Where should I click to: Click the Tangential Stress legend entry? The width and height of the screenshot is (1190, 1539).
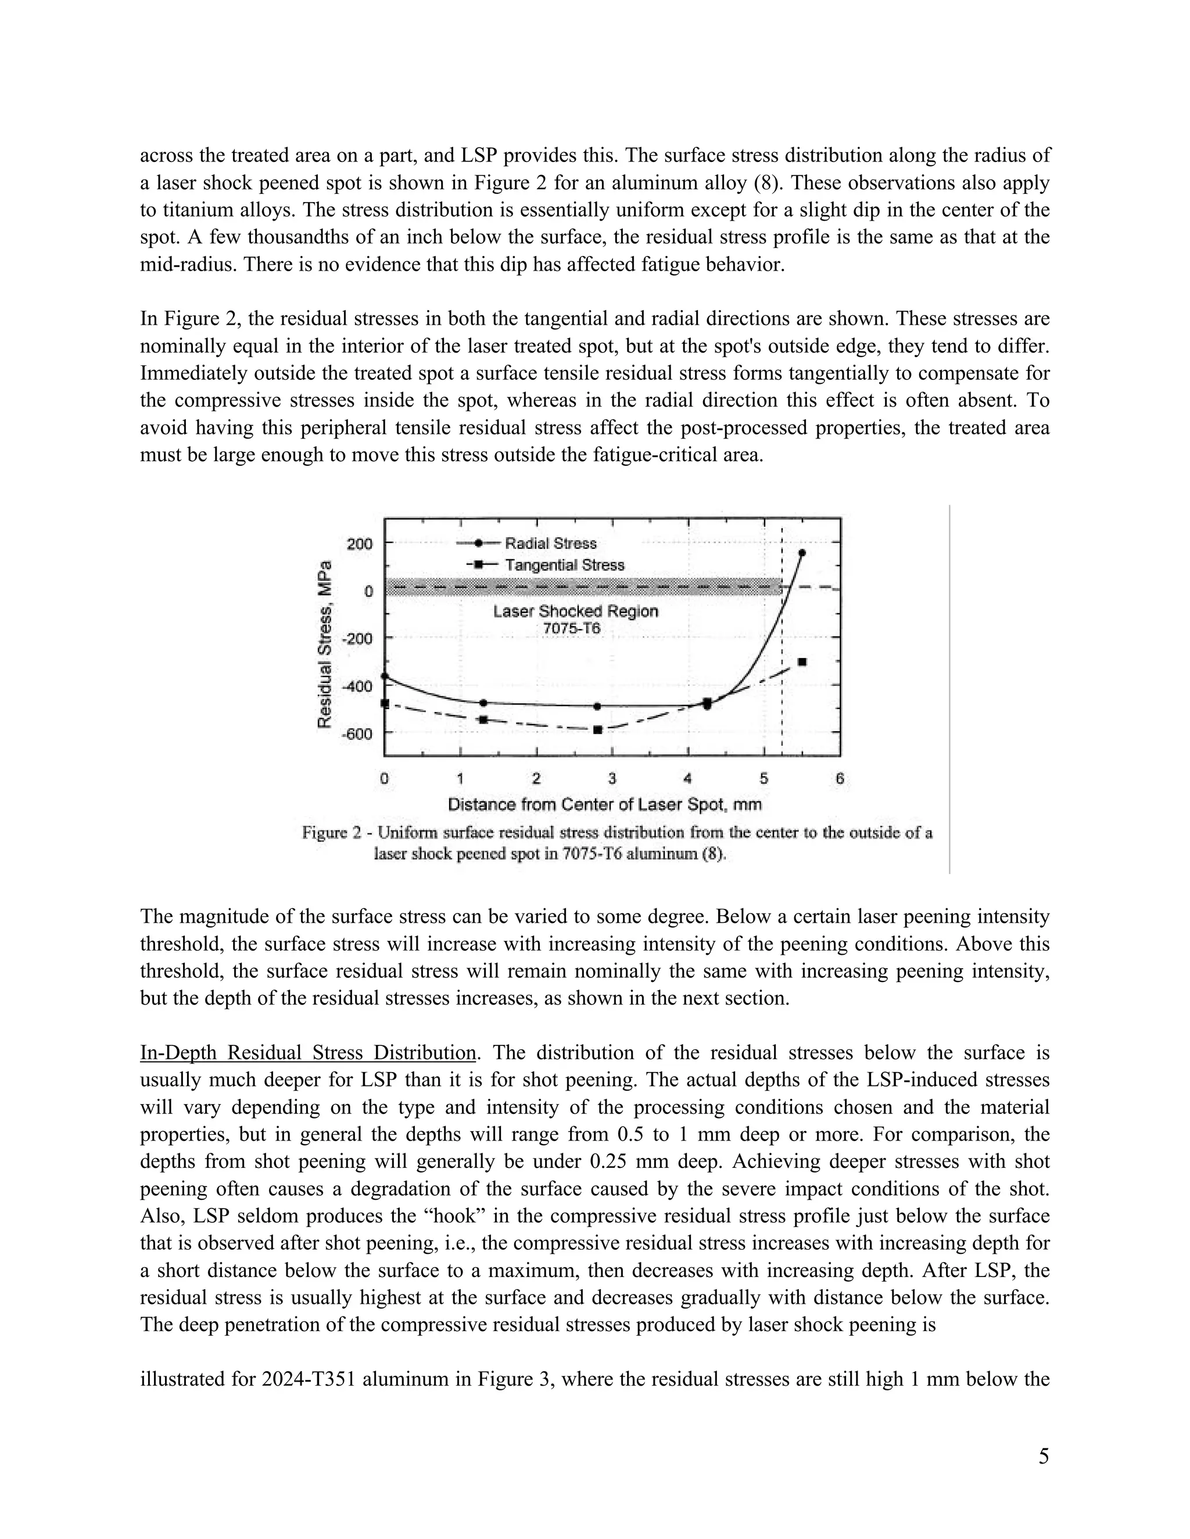click(564, 565)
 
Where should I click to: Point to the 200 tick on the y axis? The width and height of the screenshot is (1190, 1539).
click(360, 544)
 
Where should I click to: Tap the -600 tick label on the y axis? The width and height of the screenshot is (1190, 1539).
click(357, 733)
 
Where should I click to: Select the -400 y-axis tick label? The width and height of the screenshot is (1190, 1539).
click(357, 686)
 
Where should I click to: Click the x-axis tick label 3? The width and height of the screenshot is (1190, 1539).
click(612, 779)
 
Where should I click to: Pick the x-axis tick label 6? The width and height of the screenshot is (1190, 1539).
click(840, 779)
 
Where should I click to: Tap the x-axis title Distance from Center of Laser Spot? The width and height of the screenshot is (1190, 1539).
click(605, 804)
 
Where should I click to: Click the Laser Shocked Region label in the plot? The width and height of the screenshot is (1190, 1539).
click(575, 611)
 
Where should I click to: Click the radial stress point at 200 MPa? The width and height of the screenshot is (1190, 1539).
click(801, 553)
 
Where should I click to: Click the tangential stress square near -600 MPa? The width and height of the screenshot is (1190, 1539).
click(597, 730)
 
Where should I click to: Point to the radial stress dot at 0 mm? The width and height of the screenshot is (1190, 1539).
click(384, 677)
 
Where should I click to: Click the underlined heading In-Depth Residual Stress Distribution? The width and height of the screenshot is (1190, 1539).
click(308, 1053)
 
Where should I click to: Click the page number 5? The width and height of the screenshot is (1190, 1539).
click(1044, 1457)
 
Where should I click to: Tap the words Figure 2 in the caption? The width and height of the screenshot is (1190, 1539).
click(331, 833)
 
